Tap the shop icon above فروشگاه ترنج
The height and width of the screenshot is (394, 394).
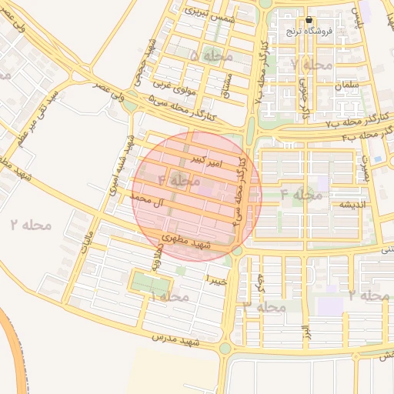(309, 21)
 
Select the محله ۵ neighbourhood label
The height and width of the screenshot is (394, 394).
(204, 57)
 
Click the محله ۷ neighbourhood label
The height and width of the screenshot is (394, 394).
(313, 65)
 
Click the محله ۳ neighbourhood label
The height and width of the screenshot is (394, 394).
(265, 306)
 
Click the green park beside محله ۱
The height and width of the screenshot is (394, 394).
(148, 282)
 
